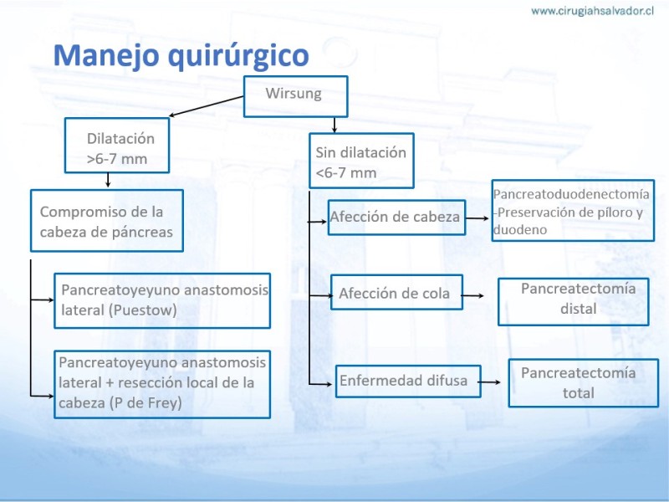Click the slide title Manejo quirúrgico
coord(181,56)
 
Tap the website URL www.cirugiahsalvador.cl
coord(592,11)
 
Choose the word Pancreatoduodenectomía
coord(571,194)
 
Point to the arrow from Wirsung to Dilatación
coord(206,106)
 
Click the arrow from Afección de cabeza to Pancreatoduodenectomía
coord(477,218)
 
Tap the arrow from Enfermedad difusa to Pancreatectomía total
coord(490,382)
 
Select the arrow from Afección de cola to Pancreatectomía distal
coord(472,295)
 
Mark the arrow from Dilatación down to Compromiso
coord(108,180)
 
